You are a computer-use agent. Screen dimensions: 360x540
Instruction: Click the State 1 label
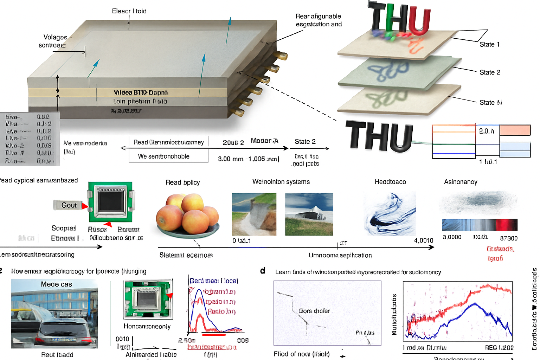tap(489, 44)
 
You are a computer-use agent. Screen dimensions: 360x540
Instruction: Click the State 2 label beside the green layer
tap(490, 72)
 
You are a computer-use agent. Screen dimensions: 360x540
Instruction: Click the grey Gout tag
tap(68, 205)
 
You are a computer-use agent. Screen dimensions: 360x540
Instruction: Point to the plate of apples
tap(188, 215)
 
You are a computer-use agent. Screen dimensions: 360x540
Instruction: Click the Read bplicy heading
tap(182, 182)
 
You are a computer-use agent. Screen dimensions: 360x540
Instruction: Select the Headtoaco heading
tap(390, 182)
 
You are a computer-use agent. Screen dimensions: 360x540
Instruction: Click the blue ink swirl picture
tap(390, 214)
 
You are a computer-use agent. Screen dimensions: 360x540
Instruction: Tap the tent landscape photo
tap(309, 214)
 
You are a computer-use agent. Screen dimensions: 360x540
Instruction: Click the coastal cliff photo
tap(254, 214)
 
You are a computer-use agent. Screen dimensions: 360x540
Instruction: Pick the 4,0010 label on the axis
tap(423, 240)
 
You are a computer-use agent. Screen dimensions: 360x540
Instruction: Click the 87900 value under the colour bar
tap(509, 238)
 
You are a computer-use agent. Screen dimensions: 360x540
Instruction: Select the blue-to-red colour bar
tap(480, 225)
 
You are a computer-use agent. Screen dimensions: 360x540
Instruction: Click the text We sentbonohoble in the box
tap(163, 156)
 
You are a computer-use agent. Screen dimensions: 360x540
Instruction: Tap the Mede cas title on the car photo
tap(56, 284)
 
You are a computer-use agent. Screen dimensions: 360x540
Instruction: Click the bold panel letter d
tap(263, 270)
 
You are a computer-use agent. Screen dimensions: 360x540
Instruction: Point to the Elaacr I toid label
tap(129, 11)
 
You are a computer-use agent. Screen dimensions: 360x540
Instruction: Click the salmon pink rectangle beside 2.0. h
tap(515, 130)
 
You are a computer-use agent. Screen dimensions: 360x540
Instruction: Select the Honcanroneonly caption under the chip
tap(147, 326)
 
